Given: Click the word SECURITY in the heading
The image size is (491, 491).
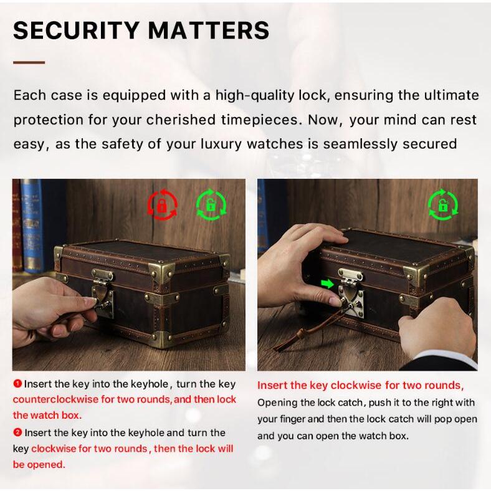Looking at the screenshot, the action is pos(77,31).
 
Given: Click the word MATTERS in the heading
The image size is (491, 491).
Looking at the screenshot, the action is pos(209,31).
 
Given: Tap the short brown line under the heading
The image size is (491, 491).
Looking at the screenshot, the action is pos(29,63).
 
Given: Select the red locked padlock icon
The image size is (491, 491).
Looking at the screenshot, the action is pos(162,204).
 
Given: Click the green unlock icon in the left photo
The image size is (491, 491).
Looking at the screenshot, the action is pos(211,205).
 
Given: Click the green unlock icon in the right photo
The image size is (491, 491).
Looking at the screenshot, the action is pos(443,204).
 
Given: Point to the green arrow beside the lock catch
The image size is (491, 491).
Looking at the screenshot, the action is pos(327,284).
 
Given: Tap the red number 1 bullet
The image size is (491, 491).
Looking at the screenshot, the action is pos(17,383).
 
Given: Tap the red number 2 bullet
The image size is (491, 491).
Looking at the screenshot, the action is pos(17,432).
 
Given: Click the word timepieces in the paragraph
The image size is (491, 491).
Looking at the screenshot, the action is pos(260,120).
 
